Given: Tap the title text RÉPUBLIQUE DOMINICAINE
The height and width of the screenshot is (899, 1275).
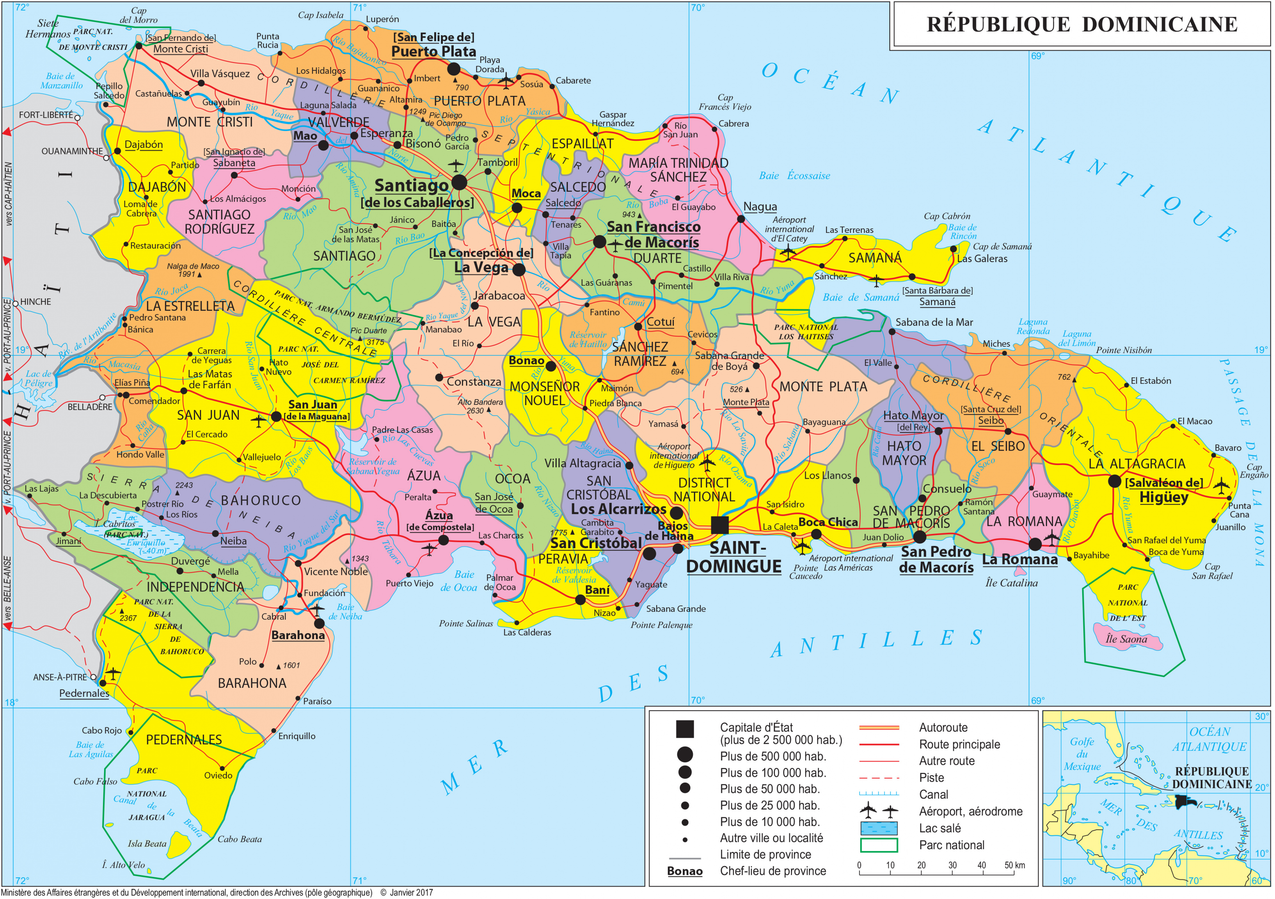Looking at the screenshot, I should tap(1082, 24).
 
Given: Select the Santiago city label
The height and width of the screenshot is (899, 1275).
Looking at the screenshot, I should tap(411, 185).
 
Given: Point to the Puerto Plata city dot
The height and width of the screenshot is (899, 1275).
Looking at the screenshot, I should tap(454, 69).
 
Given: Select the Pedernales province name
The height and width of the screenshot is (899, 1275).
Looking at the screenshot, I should tap(184, 740).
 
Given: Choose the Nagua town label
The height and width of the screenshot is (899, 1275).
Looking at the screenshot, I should tap(760, 207).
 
